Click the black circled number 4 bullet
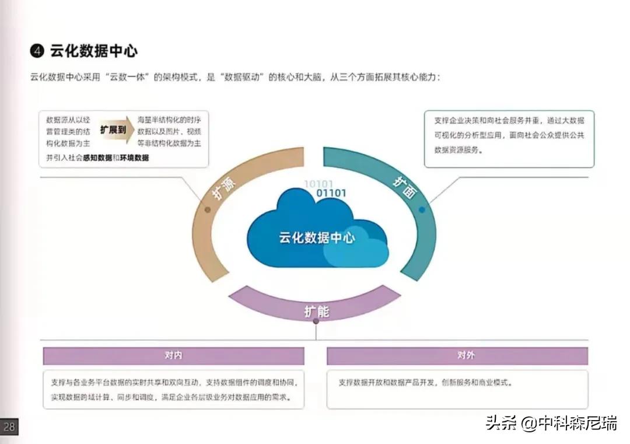click(x=37, y=51)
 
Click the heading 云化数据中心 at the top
click(x=93, y=51)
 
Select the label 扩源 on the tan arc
click(x=224, y=188)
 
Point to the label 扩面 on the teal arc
click(x=404, y=188)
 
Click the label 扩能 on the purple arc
click(x=317, y=312)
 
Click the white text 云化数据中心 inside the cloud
click(x=317, y=238)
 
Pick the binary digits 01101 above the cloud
click(x=331, y=193)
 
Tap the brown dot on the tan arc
click(x=208, y=209)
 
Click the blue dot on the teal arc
click(x=422, y=209)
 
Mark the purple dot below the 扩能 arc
click(x=316, y=321)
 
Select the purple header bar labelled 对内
click(x=174, y=356)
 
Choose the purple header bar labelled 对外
click(x=457, y=356)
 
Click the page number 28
click(x=9, y=426)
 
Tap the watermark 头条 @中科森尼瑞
click(x=551, y=423)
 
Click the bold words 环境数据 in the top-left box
click(x=134, y=158)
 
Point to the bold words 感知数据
click(x=97, y=158)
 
